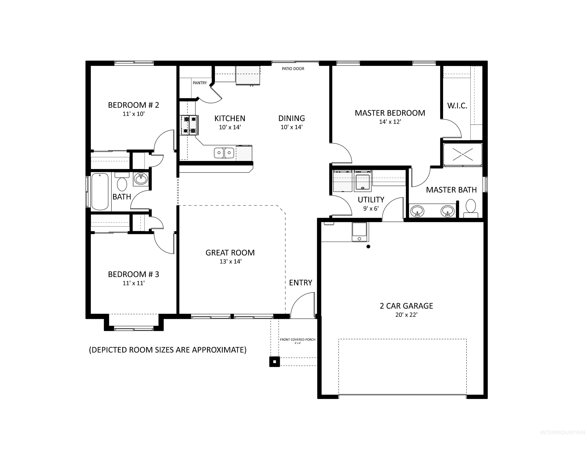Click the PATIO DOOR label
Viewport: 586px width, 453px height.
click(x=293, y=69)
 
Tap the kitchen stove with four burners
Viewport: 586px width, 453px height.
click(x=189, y=125)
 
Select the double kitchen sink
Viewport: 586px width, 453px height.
click(x=224, y=153)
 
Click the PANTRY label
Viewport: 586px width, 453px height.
click(x=200, y=83)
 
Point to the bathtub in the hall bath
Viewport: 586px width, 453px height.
click(x=100, y=191)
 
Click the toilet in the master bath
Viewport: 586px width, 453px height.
click(x=471, y=208)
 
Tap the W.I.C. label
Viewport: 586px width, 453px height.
click(x=457, y=106)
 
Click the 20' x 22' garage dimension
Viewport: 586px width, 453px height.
click(x=406, y=315)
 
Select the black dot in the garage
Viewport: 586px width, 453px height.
click(x=368, y=246)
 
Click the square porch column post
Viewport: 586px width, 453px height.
click(x=274, y=362)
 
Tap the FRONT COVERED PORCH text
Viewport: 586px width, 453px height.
click(x=298, y=340)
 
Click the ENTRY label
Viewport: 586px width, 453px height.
click(x=301, y=283)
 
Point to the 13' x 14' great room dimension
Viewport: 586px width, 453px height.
click(x=230, y=261)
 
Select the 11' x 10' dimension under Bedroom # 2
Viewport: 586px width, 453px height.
click(x=134, y=114)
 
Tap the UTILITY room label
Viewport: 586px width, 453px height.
click(x=371, y=200)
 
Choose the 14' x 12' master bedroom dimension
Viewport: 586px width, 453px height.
click(x=390, y=122)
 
